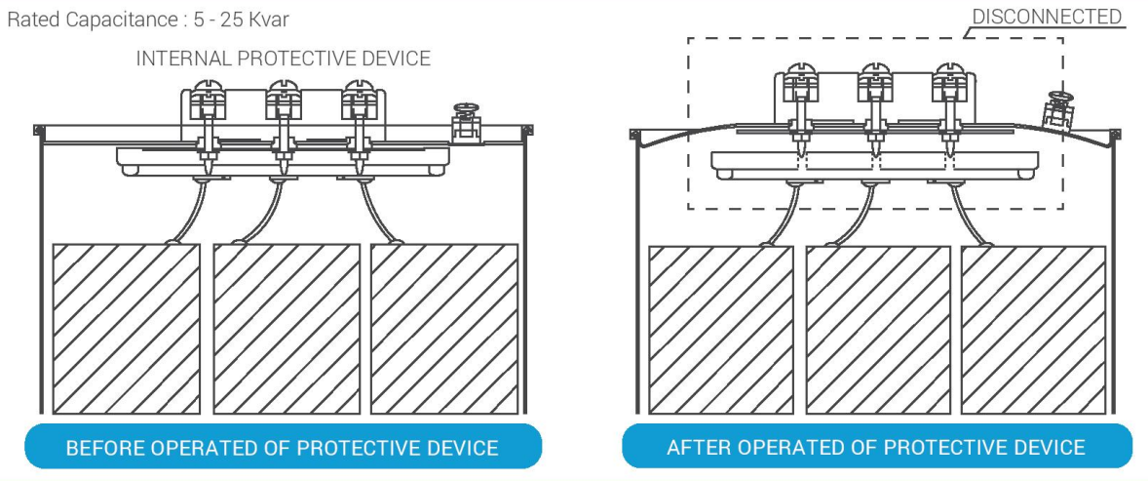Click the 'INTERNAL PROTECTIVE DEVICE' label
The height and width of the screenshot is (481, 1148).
tap(284, 58)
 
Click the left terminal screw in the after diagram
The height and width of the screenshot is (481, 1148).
tap(802, 85)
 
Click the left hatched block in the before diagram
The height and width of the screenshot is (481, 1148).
tap(126, 329)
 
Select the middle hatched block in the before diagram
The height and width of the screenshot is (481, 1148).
tap(287, 329)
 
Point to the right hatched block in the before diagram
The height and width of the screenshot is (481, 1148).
tap(444, 329)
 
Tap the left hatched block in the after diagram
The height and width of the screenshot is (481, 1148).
tap(721, 330)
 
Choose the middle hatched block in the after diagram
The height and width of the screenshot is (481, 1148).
tap(878, 330)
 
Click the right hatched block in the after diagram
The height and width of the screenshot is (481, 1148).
tap(1033, 330)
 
